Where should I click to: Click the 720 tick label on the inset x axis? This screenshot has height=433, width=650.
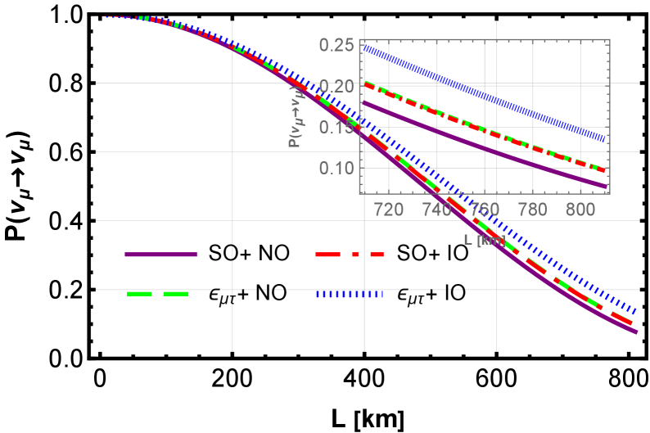[388, 210]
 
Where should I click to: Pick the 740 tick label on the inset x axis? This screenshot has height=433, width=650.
[436, 210]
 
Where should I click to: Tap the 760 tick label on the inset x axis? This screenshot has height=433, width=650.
[485, 210]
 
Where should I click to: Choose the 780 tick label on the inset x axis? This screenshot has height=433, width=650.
[533, 210]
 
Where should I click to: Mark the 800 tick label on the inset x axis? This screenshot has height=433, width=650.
[580, 210]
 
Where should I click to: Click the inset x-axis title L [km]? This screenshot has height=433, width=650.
[485, 240]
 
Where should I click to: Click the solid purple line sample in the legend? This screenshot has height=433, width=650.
[160, 255]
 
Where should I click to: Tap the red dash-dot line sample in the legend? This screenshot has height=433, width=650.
[350, 255]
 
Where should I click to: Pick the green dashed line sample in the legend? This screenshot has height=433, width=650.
[158, 294]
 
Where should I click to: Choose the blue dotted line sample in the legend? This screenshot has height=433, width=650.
[350, 294]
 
